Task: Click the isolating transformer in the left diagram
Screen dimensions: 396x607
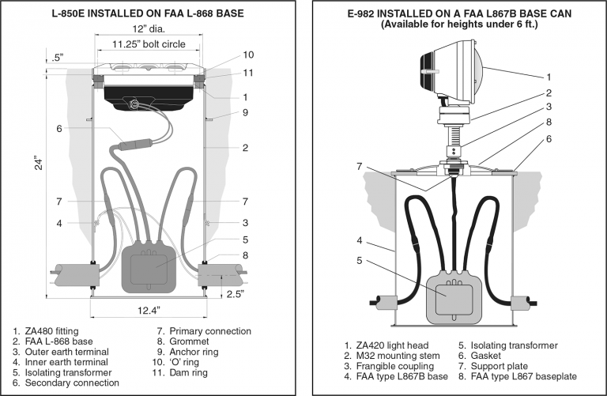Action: coord(149,265)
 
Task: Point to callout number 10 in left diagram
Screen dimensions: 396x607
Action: coord(248,55)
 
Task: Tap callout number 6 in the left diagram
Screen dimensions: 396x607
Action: coord(58,129)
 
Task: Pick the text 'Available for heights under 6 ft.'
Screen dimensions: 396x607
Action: coord(458,25)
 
